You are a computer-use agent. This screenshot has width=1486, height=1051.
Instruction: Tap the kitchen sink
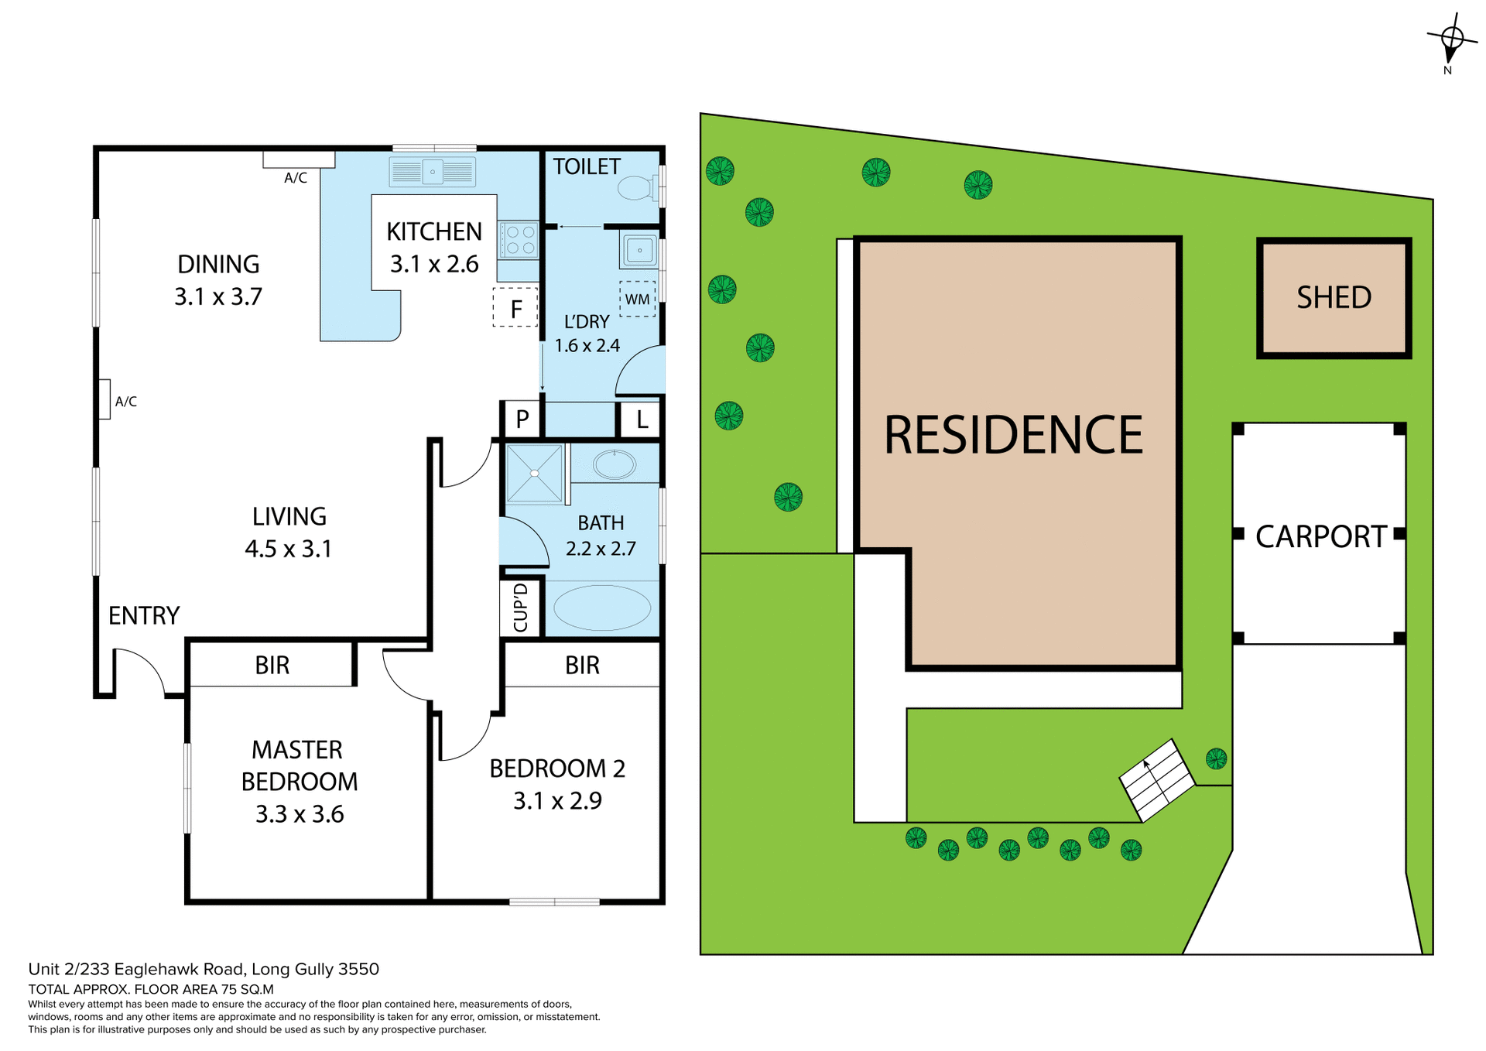[x=432, y=172]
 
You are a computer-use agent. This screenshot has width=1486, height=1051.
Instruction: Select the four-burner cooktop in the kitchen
[x=519, y=239]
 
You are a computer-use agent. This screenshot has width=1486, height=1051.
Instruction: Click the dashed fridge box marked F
[x=515, y=308]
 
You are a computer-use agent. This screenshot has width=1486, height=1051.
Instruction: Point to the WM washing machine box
[x=637, y=299]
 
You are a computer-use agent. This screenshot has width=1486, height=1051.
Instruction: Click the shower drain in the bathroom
[x=534, y=473]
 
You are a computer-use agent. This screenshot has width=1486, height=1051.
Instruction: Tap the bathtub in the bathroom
[x=602, y=608]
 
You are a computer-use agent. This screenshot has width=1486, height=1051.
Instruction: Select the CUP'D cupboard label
[x=521, y=608]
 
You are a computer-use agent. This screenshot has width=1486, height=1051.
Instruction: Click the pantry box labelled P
[x=522, y=419]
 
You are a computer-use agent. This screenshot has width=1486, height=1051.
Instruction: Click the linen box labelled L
[x=642, y=419]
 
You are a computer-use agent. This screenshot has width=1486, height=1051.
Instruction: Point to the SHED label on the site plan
[x=1334, y=297]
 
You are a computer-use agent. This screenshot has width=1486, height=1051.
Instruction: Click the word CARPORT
[x=1320, y=536]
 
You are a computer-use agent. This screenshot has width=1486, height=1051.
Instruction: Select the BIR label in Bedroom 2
[x=582, y=665]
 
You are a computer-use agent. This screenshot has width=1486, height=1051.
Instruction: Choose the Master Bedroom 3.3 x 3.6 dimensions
[x=300, y=813]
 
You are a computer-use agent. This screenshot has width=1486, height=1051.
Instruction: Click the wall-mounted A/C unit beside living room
[x=104, y=399]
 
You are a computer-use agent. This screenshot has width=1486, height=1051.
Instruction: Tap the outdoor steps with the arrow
[x=1157, y=779]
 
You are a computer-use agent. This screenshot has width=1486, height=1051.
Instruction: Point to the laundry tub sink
[x=639, y=250]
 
